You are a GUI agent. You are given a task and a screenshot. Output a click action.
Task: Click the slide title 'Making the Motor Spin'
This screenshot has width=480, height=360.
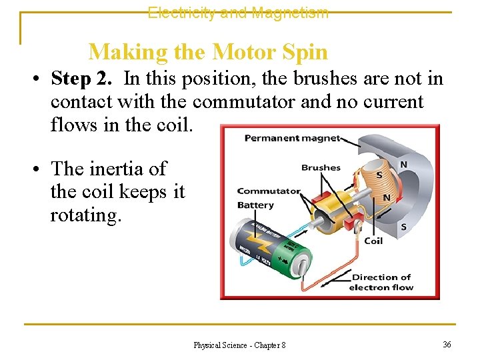(x=207, y=52)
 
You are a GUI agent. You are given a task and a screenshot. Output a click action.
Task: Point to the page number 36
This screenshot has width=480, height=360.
(x=447, y=344)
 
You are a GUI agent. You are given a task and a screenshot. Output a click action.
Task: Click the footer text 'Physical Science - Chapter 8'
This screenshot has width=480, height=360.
(x=239, y=345)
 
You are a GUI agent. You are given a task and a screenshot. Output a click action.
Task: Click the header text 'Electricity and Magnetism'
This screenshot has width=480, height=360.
(x=238, y=12)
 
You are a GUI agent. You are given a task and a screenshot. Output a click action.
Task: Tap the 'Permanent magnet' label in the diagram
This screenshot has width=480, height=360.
(x=292, y=139)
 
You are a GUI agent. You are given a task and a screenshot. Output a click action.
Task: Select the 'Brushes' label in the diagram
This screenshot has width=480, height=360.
(x=321, y=168)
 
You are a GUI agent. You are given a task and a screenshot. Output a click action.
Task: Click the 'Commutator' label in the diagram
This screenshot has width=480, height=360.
(x=269, y=191)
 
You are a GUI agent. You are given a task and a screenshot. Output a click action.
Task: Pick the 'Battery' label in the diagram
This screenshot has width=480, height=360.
(x=255, y=205)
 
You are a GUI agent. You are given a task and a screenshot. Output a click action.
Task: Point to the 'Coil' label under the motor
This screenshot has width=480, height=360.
(x=373, y=241)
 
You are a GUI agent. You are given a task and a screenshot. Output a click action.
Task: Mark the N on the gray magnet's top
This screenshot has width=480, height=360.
(x=403, y=164)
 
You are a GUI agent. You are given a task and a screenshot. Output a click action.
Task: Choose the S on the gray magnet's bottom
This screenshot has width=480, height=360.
(x=403, y=227)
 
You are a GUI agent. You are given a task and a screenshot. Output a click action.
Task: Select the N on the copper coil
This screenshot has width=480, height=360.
(x=387, y=198)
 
